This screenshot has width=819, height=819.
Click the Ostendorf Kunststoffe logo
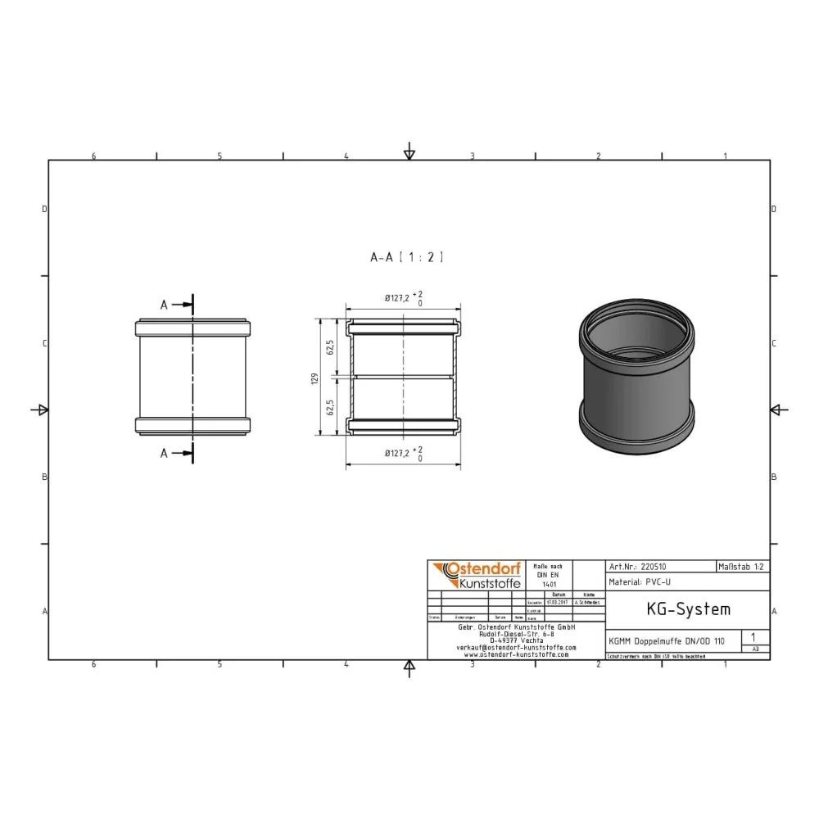tap(474, 575)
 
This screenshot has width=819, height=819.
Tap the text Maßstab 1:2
tap(742, 566)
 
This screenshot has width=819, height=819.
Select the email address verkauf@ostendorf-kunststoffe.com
tap(516, 647)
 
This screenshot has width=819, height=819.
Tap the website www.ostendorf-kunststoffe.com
tap(516, 654)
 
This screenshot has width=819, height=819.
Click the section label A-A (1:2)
tap(407, 257)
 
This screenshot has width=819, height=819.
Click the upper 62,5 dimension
tap(331, 348)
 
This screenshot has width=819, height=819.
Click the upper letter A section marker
tap(164, 305)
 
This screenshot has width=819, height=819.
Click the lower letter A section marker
tap(164, 453)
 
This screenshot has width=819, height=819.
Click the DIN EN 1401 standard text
tap(547, 576)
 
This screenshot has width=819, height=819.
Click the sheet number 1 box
tap(753, 636)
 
